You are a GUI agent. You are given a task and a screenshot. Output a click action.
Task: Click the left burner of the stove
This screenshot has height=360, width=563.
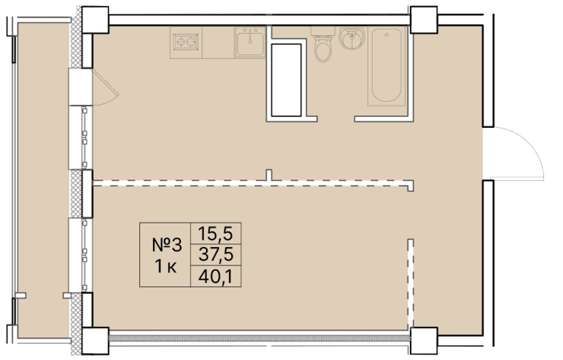pyautogui.click(x=182, y=42)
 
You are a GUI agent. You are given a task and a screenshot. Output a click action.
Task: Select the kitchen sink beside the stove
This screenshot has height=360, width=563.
pyautogui.click(x=251, y=43)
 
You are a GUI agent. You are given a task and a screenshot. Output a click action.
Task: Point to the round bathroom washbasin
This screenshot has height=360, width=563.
pyautogui.click(x=352, y=40)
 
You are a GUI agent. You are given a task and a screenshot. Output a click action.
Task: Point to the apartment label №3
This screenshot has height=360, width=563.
pyautogui.click(x=167, y=244)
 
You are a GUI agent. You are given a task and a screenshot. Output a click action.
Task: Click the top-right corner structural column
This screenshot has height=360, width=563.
pyautogui.click(x=424, y=20)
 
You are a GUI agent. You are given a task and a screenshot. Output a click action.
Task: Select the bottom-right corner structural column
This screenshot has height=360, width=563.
pyautogui.click(x=424, y=338)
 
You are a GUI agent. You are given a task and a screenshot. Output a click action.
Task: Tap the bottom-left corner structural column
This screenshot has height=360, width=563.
pyautogui.click(x=95, y=338)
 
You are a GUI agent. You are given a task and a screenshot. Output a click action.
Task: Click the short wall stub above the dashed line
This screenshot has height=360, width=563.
pyautogui.click(x=271, y=175)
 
